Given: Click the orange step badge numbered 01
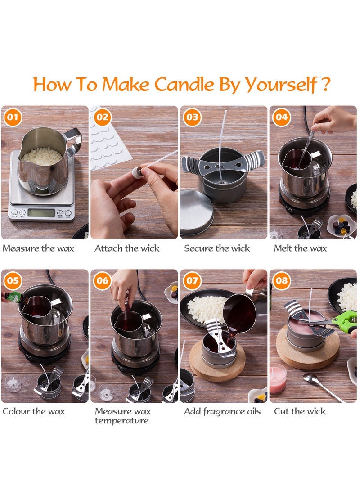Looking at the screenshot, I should [x=13, y=118].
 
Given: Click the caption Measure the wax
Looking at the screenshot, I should [x=38, y=248].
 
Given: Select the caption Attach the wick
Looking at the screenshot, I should [x=127, y=248].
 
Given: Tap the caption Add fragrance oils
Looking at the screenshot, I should [x=222, y=411].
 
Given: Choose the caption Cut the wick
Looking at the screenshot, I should [x=300, y=411].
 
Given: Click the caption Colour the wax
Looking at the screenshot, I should [x=34, y=411].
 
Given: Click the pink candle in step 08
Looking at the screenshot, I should [x=277, y=379].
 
